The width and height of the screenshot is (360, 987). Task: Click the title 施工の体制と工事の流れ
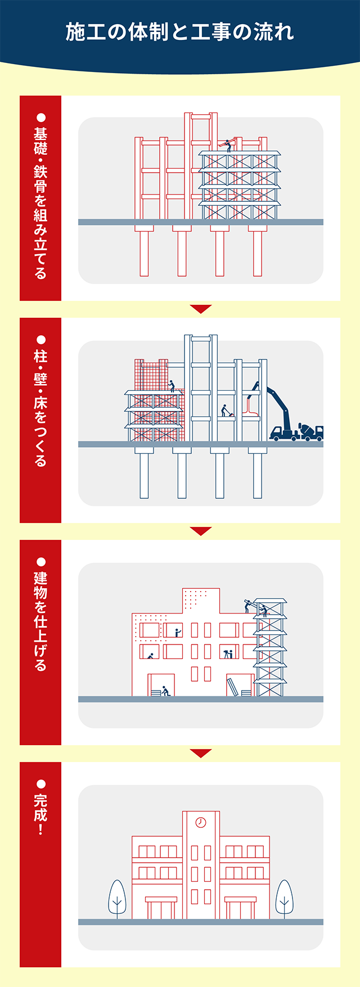coord(180,32)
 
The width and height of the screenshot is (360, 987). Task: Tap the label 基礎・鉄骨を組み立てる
coord(40,203)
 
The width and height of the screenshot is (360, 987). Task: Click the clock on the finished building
coord(201,823)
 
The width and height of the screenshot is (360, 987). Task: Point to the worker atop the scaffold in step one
coord(228,145)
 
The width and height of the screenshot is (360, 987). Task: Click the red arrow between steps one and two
coord(201,309)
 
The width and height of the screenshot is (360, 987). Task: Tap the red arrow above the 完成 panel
coord(201,753)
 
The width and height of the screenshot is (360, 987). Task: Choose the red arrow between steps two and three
coord(201,531)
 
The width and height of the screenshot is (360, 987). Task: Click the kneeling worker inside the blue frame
coord(226,411)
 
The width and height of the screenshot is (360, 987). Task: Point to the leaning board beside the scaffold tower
coord(232,687)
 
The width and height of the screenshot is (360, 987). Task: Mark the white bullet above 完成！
coord(40,783)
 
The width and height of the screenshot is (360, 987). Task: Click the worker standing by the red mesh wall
coord(172,386)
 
